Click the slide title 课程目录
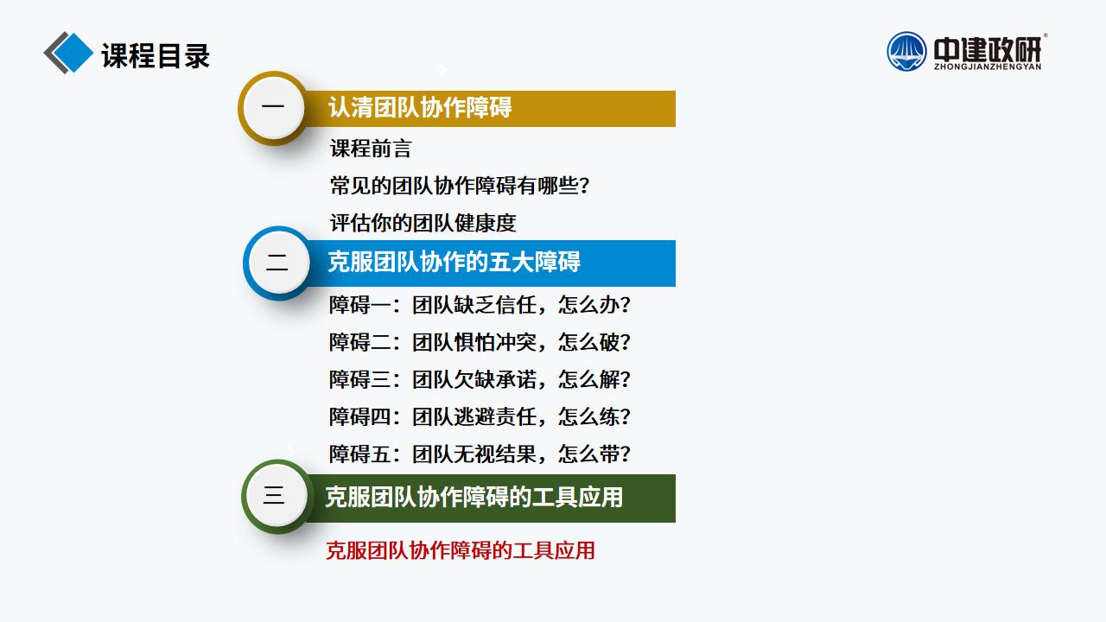[x=156, y=55]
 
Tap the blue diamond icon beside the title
[x=73, y=53]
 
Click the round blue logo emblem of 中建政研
[x=906, y=52]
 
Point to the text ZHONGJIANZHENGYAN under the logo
[x=988, y=67]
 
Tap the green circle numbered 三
[x=276, y=496]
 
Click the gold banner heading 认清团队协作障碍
[x=420, y=108]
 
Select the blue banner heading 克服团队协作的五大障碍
[x=454, y=262]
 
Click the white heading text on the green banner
[x=474, y=497]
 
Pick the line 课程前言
[x=371, y=149]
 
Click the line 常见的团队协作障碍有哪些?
[x=460, y=186]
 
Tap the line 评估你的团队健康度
[x=423, y=223]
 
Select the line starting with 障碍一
[x=480, y=305]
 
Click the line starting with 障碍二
[x=480, y=342]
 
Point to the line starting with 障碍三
[x=480, y=379]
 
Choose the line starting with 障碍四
[x=480, y=417]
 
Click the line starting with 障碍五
[x=480, y=454]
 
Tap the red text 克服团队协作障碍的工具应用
[x=461, y=551]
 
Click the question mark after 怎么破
[x=625, y=343]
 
